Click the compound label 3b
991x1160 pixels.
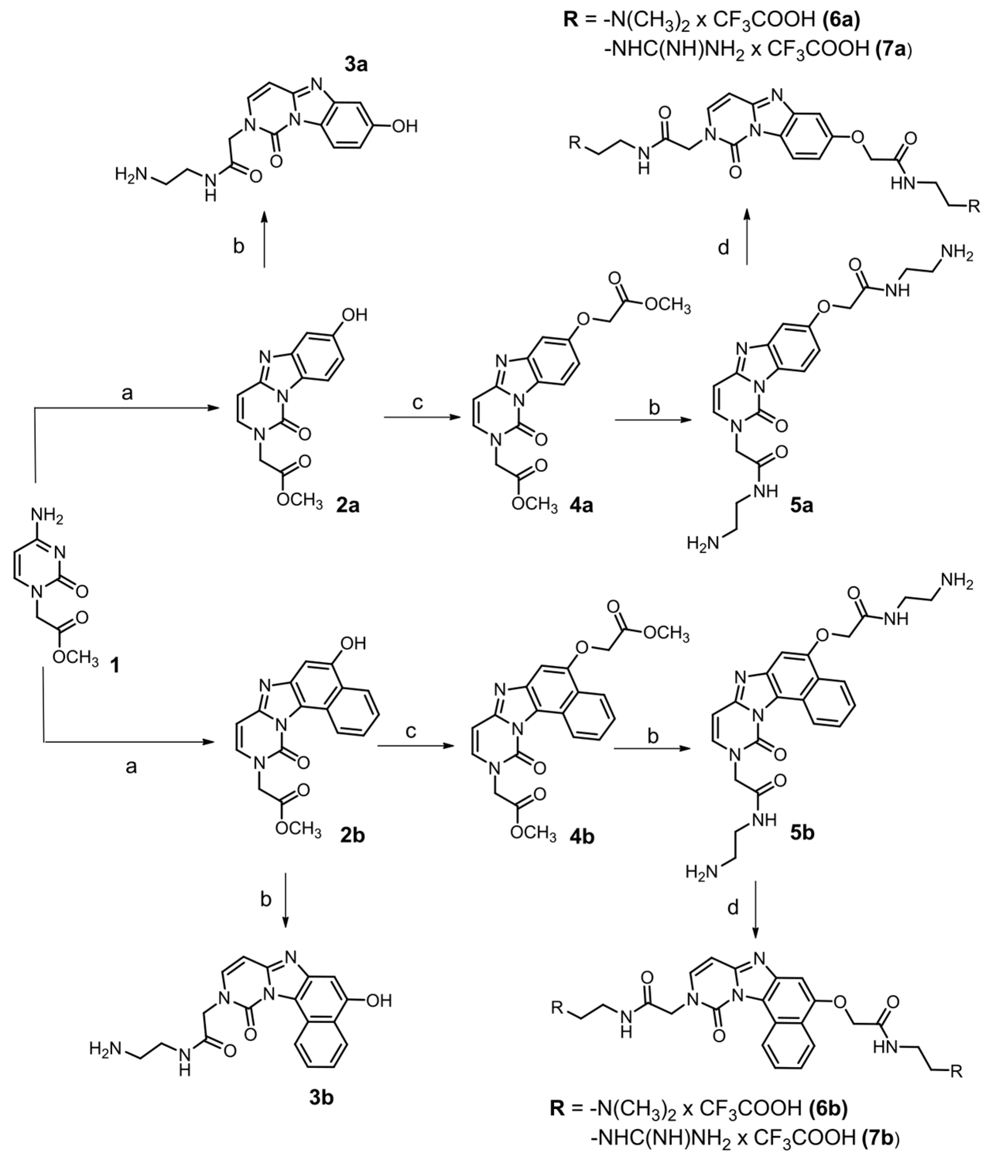tap(321, 1098)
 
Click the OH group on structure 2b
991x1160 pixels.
tap(353, 643)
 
